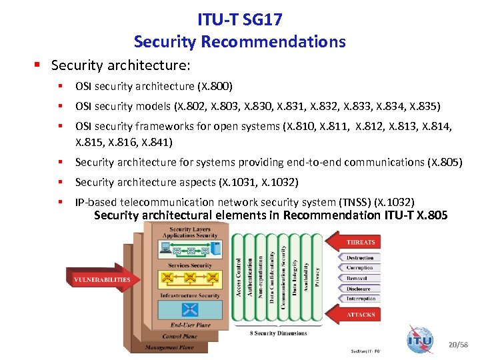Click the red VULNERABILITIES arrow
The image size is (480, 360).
point(100,279)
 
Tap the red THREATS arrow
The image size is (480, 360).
point(357,243)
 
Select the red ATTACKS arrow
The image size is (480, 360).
point(357,314)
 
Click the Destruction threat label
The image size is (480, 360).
point(360,257)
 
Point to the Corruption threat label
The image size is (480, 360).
point(360,267)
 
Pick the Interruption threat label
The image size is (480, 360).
point(360,299)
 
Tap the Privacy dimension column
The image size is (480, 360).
point(317,277)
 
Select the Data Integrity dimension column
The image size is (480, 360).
point(294,277)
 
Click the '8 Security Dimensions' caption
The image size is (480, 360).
point(278,333)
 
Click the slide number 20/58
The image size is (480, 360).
point(459,344)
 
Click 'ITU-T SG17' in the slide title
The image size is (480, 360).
point(239,21)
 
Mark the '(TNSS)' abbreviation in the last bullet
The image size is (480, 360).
point(355,202)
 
